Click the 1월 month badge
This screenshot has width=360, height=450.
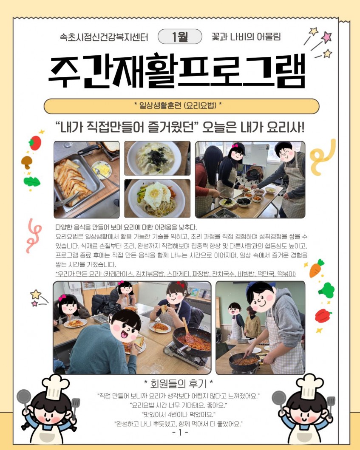click(180, 37)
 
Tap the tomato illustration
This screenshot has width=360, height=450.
click(35, 143)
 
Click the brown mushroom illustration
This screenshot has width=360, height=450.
click(27, 162)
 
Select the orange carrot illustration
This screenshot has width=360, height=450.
click(316, 268)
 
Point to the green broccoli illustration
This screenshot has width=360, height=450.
click(327, 290)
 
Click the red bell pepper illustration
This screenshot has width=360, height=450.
click(323, 315)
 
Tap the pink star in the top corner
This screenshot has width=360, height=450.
click(326, 37)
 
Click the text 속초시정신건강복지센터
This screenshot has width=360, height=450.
click(104, 37)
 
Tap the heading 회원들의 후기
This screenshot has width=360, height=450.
click(179, 383)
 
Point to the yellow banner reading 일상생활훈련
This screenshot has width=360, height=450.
click(181, 106)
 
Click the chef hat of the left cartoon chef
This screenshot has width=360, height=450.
click(55, 387)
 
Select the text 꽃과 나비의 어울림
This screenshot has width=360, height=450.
click(246, 37)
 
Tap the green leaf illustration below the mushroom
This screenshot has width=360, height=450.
click(31, 181)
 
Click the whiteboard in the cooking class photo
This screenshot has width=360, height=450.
click(255, 155)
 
